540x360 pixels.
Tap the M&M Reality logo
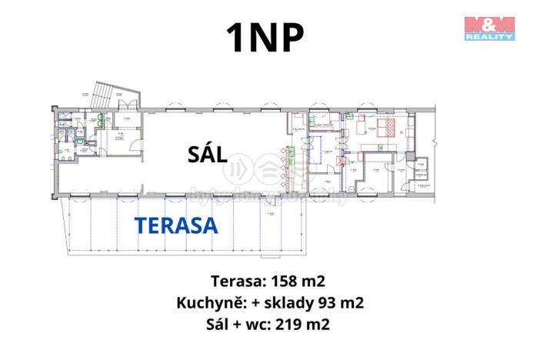[489, 27]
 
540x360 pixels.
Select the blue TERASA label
[176, 225]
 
